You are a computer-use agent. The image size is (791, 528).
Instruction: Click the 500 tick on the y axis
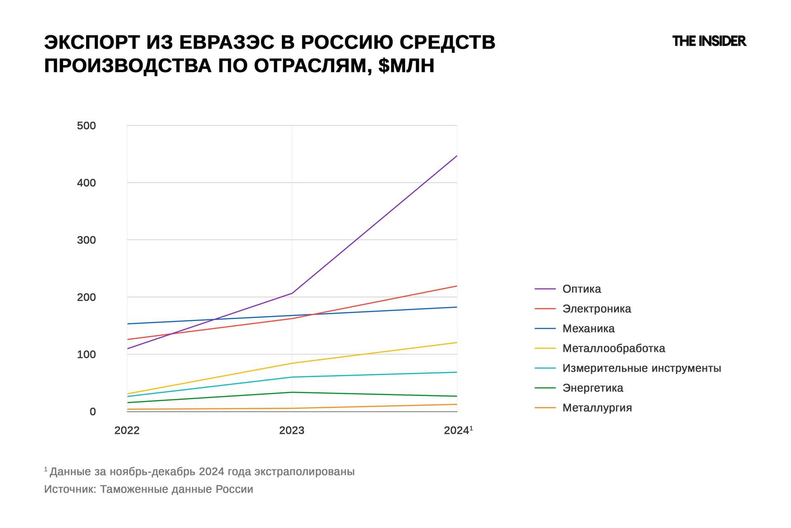coord(86,125)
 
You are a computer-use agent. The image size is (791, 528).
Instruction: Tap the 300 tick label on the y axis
coord(86,240)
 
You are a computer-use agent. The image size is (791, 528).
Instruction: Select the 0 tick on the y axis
coord(93,412)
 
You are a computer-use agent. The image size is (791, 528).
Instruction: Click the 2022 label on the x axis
coord(127,430)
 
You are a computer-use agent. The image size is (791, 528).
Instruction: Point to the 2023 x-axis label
coord(292,430)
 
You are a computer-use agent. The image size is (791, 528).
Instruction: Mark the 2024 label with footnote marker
coord(458,430)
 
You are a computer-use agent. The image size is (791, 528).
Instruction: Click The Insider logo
coord(709,41)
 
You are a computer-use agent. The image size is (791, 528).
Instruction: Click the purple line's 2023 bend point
coord(292,293)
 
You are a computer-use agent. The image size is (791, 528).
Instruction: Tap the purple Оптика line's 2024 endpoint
coord(457,156)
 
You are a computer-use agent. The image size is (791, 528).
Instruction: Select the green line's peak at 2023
coord(292,392)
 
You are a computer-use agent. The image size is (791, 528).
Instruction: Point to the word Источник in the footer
coord(70,489)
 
